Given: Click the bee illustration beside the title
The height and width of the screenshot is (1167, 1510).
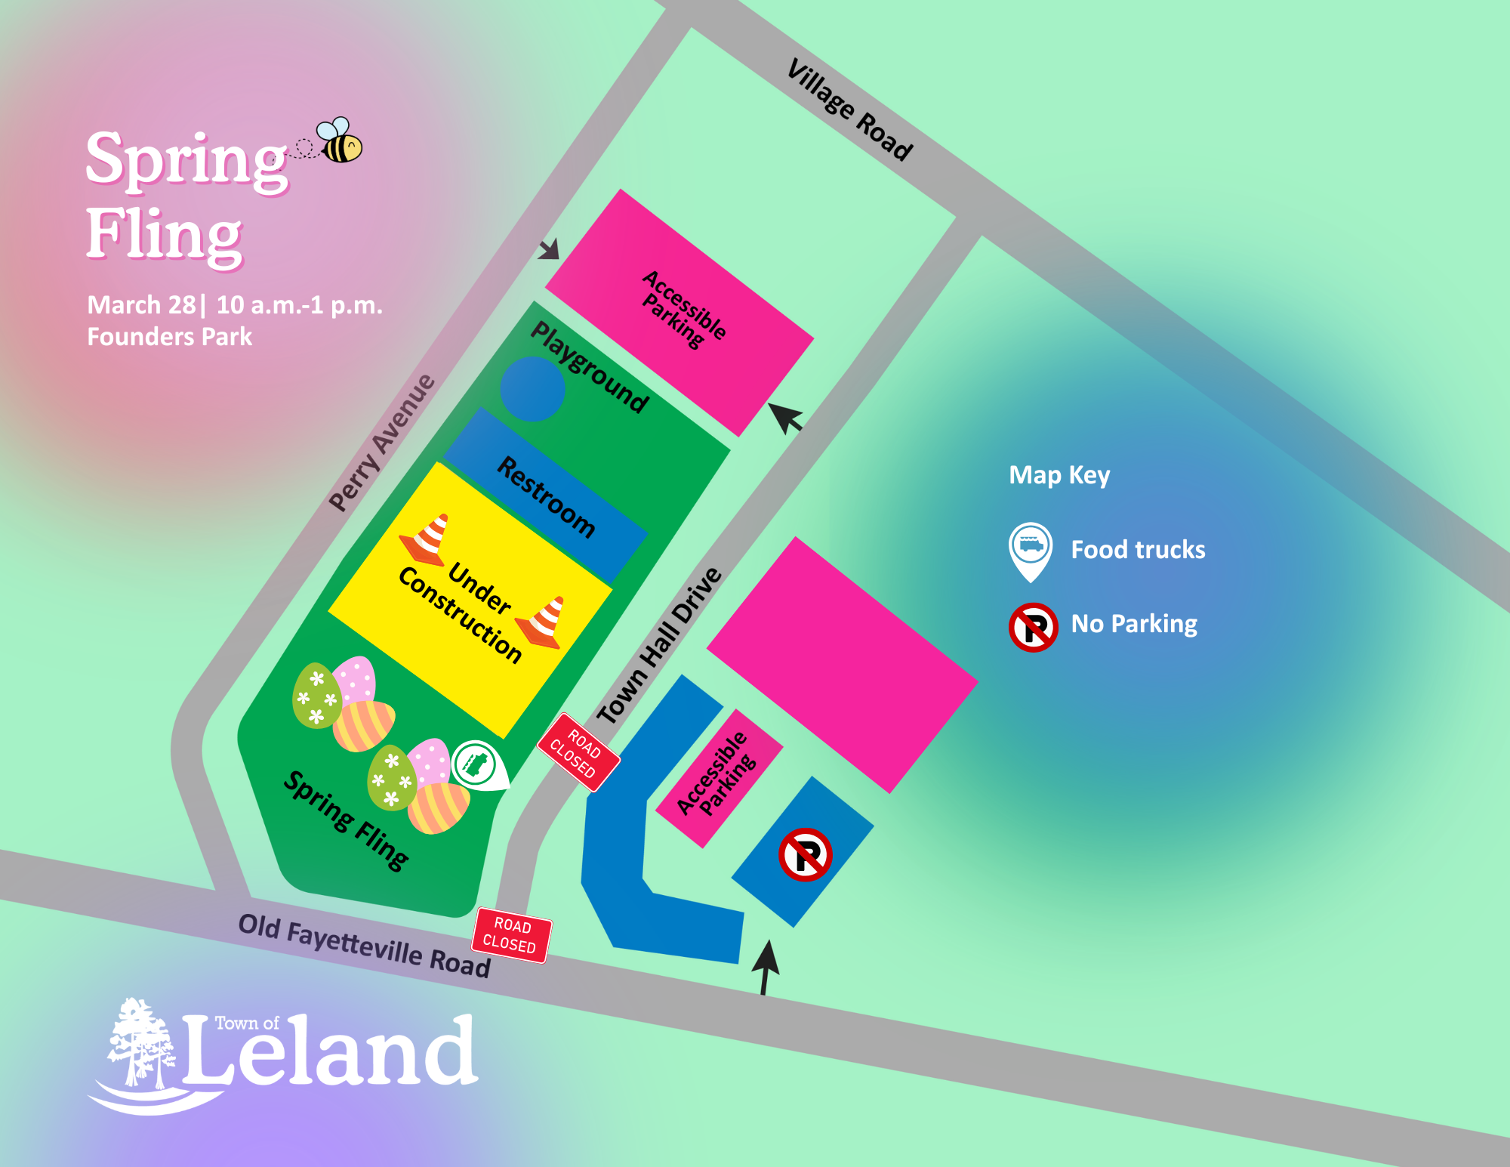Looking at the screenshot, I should click(341, 141).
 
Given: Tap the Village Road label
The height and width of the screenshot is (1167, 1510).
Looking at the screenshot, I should click(850, 110).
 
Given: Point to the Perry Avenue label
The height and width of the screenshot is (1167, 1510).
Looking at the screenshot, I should click(382, 443).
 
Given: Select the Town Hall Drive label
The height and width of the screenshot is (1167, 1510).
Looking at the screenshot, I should click(660, 646).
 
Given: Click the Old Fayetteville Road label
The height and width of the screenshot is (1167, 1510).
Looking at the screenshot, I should click(365, 946).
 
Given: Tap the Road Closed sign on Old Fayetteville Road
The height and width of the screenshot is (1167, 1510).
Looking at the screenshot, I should click(512, 935).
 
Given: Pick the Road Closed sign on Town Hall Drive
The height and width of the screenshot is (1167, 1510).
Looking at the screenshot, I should click(578, 752).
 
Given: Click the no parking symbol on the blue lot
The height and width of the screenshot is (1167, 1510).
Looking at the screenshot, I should click(805, 854).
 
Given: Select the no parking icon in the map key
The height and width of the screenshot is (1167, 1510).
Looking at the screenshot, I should click(1033, 627).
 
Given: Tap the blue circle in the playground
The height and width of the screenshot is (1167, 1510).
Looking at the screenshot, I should click(533, 388).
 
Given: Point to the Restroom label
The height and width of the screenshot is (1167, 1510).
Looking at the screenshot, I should click(546, 497).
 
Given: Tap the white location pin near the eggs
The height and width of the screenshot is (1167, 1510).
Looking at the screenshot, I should click(478, 765).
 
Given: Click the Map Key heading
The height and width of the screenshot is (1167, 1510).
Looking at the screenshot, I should click(1059, 475).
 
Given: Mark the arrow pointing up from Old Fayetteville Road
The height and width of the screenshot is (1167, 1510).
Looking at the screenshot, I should click(766, 967).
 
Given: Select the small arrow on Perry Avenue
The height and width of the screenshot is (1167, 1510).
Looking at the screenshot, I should click(550, 249).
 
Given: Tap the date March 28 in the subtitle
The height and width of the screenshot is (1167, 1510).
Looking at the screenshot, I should click(141, 305).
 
